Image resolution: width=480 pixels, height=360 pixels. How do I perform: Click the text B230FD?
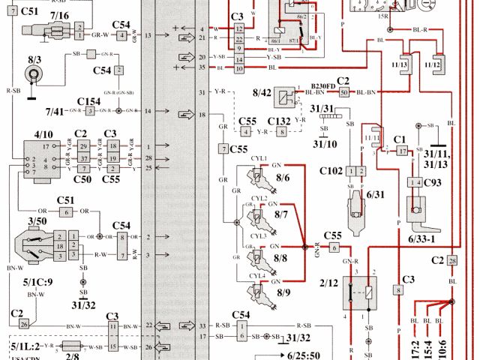pyautogui.click(x=324, y=86)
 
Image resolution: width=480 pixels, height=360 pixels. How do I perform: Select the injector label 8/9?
pyautogui.click(x=283, y=291)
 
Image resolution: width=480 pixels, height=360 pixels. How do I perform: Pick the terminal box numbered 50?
pyautogui.click(x=344, y=92)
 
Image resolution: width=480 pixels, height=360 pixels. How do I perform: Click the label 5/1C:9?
pyautogui.click(x=35, y=282)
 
